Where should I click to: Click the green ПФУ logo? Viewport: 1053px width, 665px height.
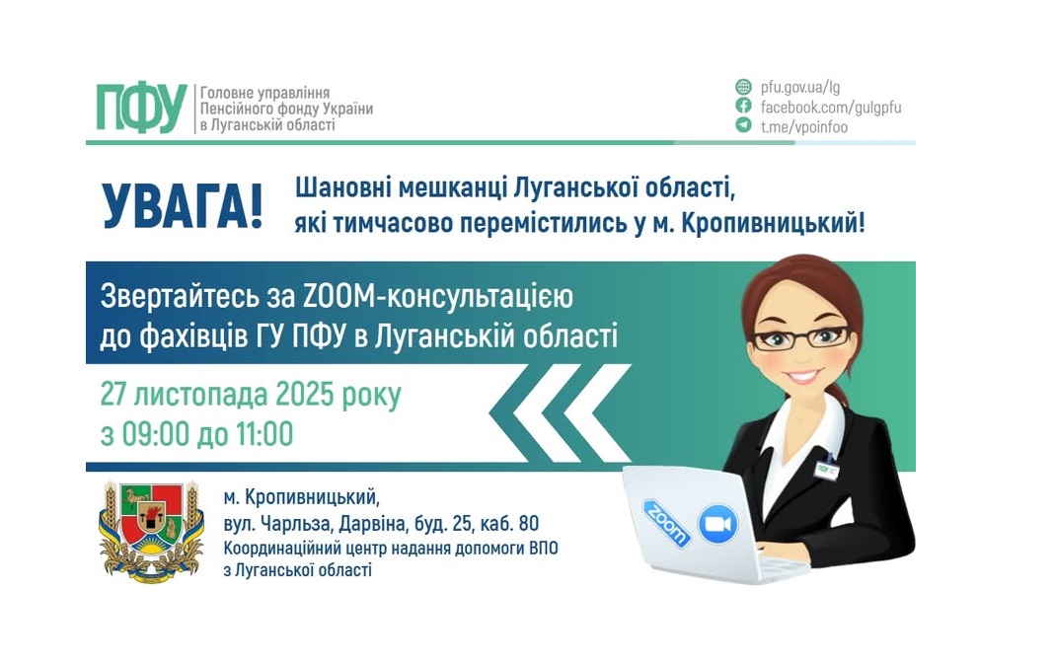click(x=141, y=108)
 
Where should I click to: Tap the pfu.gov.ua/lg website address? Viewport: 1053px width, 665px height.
click(x=800, y=87)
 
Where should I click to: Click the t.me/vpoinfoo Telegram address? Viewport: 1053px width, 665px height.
click(x=803, y=126)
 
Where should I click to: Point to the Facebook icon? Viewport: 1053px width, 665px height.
click(x=743, y=107)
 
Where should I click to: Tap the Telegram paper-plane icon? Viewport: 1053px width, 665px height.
click(x=743, y=125)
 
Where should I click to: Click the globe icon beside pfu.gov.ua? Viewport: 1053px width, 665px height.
click(x=743, y=87)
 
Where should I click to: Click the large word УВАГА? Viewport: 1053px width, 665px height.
click(x=184, y=205)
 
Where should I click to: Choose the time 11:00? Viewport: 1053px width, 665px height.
click(x=262, y=433)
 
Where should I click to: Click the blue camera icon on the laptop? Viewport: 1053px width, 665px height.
click(x=717, y=524)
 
